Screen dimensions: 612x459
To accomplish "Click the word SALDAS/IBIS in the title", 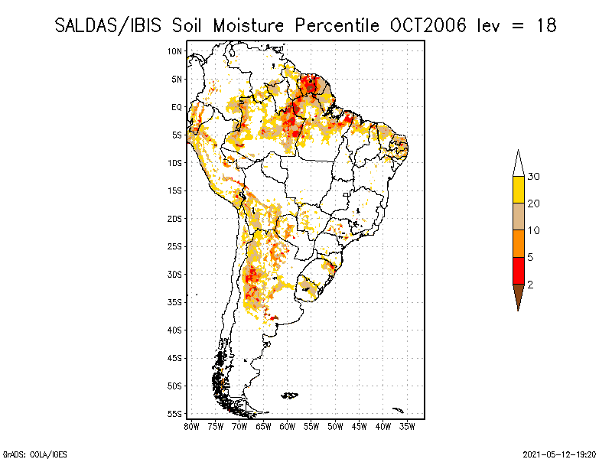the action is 108,26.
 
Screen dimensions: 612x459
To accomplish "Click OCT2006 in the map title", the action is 428,26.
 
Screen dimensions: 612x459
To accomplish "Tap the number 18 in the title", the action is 546,26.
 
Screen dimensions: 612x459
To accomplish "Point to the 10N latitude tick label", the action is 174,51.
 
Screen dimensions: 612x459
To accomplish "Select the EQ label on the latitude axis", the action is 177,107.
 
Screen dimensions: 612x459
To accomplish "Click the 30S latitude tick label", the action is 174,275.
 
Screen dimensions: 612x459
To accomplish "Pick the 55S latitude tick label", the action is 174,414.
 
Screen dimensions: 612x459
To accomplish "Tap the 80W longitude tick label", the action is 191,427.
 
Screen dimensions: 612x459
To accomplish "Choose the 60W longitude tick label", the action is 288,427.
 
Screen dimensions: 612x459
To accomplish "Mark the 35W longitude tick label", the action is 407,427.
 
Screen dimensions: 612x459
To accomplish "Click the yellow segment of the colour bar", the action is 519,190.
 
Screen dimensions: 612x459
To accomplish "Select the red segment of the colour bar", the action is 519,271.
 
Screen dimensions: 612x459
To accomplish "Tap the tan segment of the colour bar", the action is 519,216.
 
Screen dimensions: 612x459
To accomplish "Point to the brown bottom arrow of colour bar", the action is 519,296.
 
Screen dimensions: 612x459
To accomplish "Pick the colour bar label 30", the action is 533,177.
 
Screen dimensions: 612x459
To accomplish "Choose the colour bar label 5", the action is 530,257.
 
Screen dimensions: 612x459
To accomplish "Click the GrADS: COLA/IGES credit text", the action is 35,454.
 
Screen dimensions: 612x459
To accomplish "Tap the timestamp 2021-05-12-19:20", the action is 559,454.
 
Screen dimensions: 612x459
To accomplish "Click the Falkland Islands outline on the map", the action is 290,396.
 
